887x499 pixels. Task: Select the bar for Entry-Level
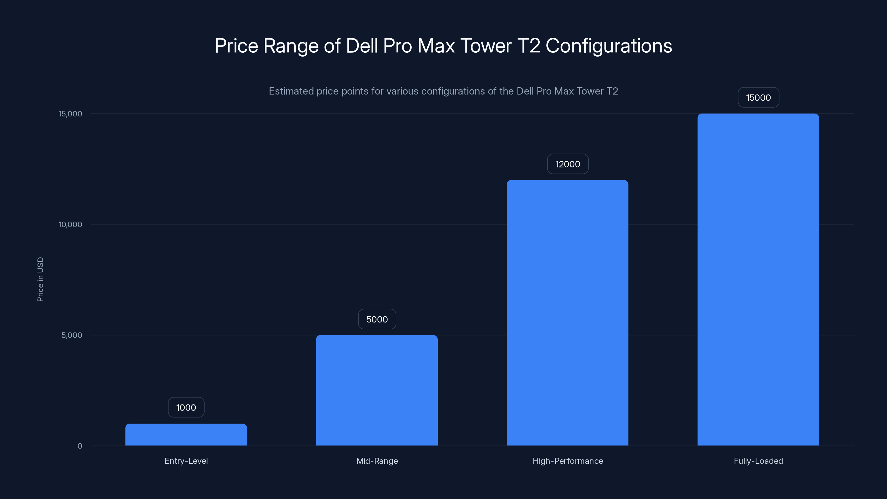pyautogui.click(x=186, y=435)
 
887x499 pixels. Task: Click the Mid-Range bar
pyautogui.click(x=377, y=390)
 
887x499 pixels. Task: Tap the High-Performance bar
pyautogui.click(x=567, y=313)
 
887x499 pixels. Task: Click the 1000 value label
pyautogui.click(x=186, y=408)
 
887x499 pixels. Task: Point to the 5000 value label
pyautogui.click(x=377, y=319)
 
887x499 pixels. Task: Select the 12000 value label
pyautogui.click(x=567, y=164)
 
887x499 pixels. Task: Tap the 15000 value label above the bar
pyautogui.click(x=758, y=98)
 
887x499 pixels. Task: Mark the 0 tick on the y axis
pyautogui.click(x=80, y=446)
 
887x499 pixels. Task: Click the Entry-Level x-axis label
pyautogui.click(x=186, y=461)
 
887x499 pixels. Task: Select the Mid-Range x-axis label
pyautogui.click(x=377, y=461)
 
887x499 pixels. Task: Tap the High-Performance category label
pyautogui.click(x=567, y=461)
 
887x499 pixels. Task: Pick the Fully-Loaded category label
pyautogui.click(x=758, y=461)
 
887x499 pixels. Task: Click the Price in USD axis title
pyautogui.click(x=40, y=279)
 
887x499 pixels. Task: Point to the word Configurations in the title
pyautogui.click(x=608, y=45)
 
